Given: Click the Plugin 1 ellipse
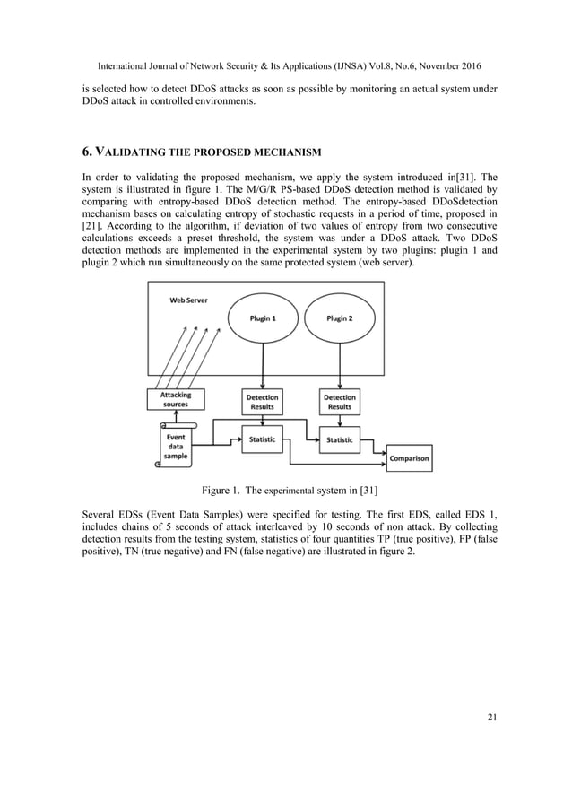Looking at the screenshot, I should (x=261, y=318).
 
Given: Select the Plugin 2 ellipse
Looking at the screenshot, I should (x=338, y=318).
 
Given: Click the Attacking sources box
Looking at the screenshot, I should (x=176, y=398).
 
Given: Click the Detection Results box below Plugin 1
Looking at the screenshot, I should (x=261, y=401).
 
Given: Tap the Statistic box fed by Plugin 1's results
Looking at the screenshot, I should (x=261, y=439).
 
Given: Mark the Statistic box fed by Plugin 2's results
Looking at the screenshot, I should (x=338, y=439).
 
